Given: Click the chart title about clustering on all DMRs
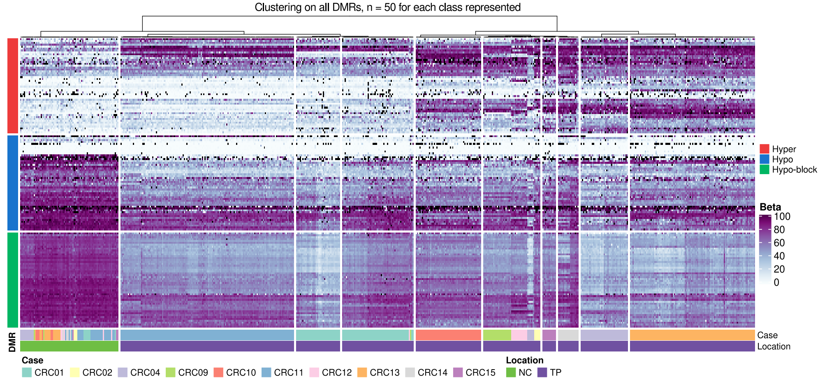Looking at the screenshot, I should click(x=387, y=7).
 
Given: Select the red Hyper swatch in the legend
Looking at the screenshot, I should click(x=764, y=149).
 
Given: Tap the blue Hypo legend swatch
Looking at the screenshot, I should click(x=764, y=159).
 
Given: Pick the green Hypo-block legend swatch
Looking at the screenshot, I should click(x=764, y=170).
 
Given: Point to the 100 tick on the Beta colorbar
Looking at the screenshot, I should click(x=782, y=217).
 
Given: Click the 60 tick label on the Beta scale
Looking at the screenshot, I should click(x=779, y=243).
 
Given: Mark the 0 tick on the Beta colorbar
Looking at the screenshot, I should click(x=776, y=282).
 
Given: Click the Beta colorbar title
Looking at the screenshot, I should click(x=770, y=207).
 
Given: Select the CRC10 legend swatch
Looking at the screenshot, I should click(x=218, y=372).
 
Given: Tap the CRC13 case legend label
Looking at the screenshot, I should click(x=385, y=372).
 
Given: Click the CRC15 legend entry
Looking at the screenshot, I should click(x=480, y=372).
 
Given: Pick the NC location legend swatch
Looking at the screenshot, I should click(x=511, y=372).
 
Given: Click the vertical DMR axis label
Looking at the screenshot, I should click(x=12, y=342).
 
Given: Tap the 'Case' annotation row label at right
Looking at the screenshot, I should click(x=767, y=335).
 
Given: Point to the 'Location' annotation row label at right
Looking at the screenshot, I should click(x=774, y=347).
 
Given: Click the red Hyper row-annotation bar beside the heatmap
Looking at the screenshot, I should click(x=13, y=86).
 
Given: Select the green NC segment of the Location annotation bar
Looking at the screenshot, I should click(x=69, y=346).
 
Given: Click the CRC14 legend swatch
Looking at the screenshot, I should click(x=410, y=372).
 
